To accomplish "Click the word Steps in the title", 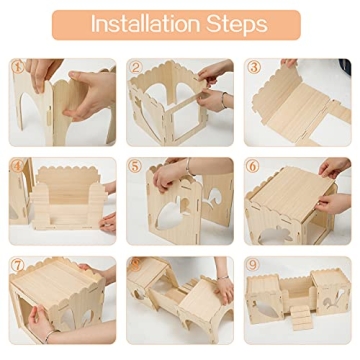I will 235,24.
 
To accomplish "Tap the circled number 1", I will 18,68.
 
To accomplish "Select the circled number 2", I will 135,68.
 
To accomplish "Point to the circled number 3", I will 254,68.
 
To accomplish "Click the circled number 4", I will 18,167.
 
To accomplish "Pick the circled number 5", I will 135,167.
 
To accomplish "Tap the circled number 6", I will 254,167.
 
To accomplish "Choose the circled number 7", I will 18,266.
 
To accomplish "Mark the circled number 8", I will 135,266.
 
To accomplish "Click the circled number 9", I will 254,266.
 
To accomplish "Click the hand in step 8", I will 222,290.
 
